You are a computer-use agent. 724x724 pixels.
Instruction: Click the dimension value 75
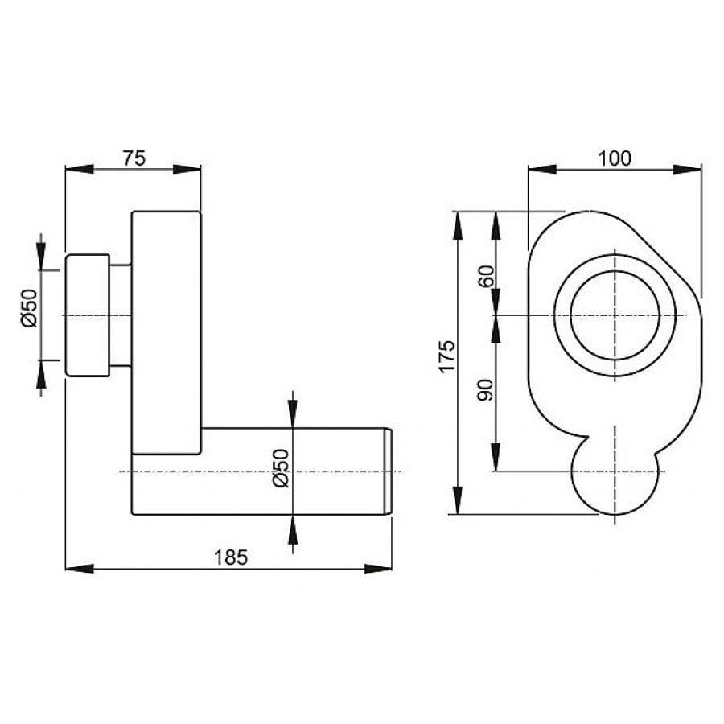point(134,158)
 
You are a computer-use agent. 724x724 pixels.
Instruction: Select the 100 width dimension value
point(615,158)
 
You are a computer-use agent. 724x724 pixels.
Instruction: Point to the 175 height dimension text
point(447,356)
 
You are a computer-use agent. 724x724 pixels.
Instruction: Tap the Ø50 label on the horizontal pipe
point(281,469)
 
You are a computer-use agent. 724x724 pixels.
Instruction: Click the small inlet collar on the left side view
point(87,315)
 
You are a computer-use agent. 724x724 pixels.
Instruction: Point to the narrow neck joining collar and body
point(120,315)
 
